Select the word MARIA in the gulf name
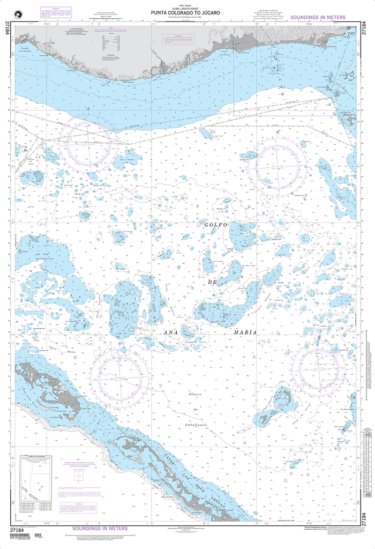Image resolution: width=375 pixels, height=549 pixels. coord(245,332)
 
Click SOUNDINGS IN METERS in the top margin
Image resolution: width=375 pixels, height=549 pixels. coord(318,18)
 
